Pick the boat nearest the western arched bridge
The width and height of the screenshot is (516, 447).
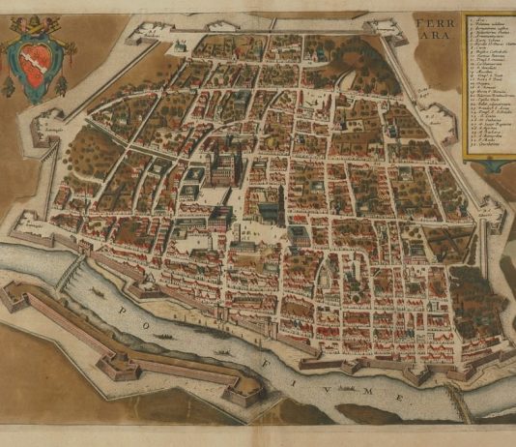pos(97,291)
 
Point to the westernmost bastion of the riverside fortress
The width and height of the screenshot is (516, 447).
pos(15,296)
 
